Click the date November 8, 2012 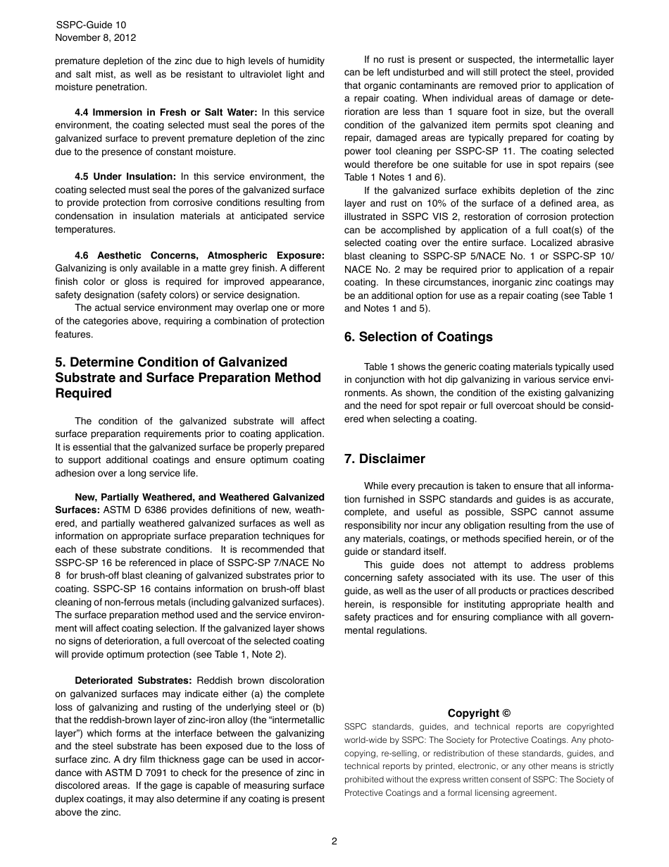(96, 38)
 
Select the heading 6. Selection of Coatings (418, 337)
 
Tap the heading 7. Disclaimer (384, 459)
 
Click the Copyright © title (479, 713)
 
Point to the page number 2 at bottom (334, 841)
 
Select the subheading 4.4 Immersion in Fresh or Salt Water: (165, 113)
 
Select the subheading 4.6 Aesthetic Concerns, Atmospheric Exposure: (199, 255)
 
